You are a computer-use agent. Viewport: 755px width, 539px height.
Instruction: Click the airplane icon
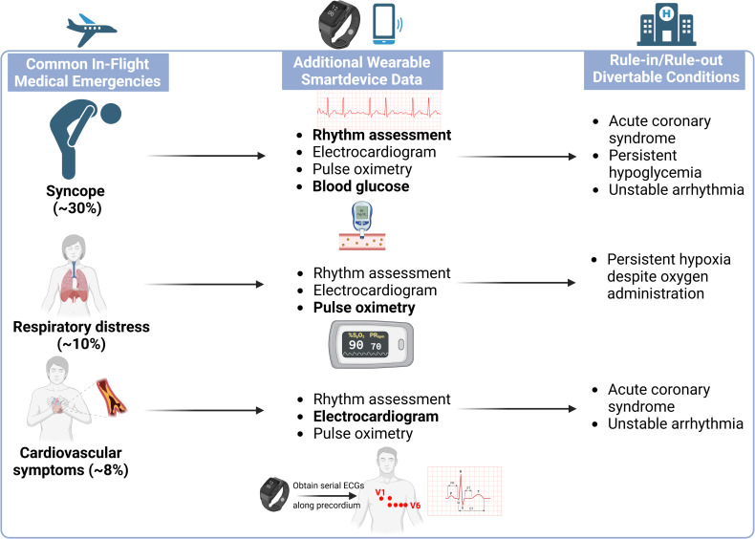pos(92,30)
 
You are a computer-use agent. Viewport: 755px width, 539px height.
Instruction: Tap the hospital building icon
pos(666,26)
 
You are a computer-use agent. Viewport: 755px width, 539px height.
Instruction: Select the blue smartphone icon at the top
pos(384,24)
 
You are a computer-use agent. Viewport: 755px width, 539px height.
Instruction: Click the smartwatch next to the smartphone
pos(340,24)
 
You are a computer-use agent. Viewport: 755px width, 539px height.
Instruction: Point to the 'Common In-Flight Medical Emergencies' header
pos(88,73)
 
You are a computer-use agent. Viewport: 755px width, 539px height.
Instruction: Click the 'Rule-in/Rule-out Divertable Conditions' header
pos(666,69)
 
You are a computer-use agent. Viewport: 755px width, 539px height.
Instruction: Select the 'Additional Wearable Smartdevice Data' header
pos(362,71)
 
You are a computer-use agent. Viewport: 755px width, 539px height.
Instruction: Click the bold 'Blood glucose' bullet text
pos(360,186)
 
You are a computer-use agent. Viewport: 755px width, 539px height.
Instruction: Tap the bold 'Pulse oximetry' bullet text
pos(364,308)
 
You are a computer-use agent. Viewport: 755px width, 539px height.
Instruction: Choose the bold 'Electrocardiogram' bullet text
pos(376,416)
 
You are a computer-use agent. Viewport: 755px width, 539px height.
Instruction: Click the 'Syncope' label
pos(75,191)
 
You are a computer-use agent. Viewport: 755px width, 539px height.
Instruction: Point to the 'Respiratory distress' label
pos(81,327)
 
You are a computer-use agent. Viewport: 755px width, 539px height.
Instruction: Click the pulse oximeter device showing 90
pos(370,343)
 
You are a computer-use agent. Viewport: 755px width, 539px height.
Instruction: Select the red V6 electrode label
pos(415,506)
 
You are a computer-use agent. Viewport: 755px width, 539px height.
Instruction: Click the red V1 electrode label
pos(380,492)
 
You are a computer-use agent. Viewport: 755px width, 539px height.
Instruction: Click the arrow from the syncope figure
pos(205,156)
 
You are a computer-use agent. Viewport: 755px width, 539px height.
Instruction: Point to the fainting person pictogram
pos(85,140)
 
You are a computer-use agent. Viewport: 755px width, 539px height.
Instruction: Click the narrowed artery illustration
pos(110,398)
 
